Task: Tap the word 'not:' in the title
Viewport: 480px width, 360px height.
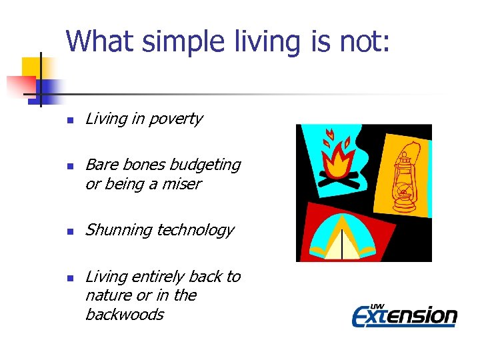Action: click(368, 41)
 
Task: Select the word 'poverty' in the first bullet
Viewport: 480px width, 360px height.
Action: click(176, 119)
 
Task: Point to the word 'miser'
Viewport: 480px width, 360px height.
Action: click(182, 184)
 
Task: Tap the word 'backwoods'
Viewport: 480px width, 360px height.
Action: click(125, 315)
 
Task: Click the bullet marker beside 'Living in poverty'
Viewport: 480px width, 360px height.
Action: click(68, 121)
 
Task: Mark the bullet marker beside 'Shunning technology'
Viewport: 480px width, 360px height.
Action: click(68, 232)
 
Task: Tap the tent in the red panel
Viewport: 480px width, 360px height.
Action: click(341, 238)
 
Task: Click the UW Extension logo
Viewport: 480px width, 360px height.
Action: click(404, 313)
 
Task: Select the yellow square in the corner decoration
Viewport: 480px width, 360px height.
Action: click(31, 67)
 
